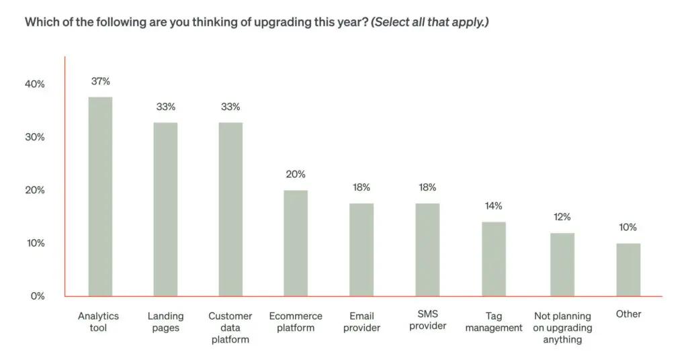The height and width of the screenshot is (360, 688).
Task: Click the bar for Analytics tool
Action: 100,196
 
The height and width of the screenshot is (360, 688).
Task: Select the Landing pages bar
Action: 165,209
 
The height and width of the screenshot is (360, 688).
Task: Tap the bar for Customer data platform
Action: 230,209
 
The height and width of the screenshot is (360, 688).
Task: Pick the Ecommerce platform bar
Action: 296,243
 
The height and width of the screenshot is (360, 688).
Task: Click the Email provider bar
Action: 361,249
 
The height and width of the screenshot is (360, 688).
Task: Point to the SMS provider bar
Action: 427,249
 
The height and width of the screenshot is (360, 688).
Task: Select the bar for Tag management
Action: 493,259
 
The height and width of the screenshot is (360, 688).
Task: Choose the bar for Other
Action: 628,269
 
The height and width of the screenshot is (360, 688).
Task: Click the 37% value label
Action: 100,81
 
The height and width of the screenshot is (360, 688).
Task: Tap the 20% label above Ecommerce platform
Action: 296,174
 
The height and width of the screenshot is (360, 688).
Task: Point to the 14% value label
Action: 493,206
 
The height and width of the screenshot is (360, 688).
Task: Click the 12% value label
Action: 562,217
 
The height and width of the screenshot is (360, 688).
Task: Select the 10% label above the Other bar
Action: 628,227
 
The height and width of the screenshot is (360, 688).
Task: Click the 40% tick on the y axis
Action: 35,84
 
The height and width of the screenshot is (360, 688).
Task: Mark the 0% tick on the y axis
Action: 38,296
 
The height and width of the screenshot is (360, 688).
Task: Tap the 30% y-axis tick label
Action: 35,137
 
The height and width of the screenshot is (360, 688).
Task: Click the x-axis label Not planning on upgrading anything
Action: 562,328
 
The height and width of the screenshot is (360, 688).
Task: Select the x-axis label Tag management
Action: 494,322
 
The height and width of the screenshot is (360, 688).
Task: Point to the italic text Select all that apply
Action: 430,22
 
